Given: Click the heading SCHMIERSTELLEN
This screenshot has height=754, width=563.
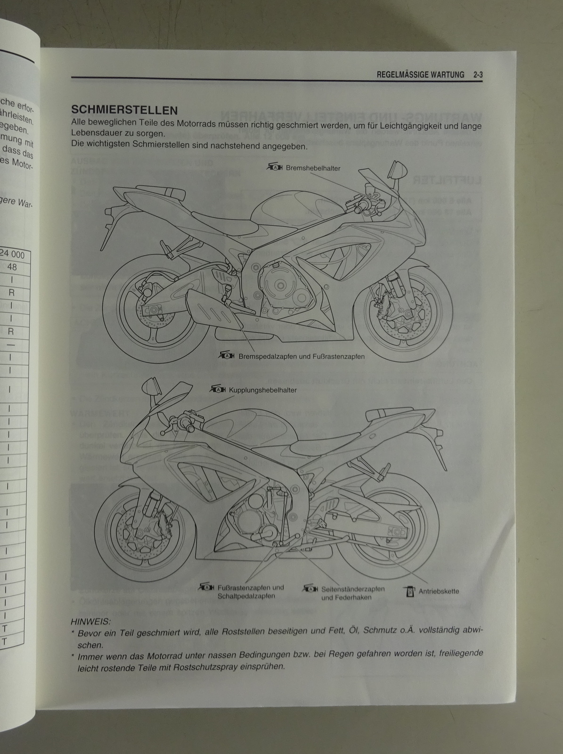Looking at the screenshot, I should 124,110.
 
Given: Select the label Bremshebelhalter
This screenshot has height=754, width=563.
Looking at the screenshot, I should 313,168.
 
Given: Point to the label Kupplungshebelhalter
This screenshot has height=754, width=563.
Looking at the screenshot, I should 262,390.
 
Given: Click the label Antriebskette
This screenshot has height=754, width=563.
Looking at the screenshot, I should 439,591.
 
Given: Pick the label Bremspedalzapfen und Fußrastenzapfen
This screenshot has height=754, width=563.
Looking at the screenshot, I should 302,357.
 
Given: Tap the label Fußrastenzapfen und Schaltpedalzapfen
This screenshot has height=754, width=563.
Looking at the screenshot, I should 251,591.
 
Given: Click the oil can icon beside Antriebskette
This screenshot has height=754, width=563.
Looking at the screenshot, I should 409,590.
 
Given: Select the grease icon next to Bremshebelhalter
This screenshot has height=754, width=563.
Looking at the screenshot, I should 275,167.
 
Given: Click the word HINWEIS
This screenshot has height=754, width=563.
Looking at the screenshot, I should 90,622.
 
